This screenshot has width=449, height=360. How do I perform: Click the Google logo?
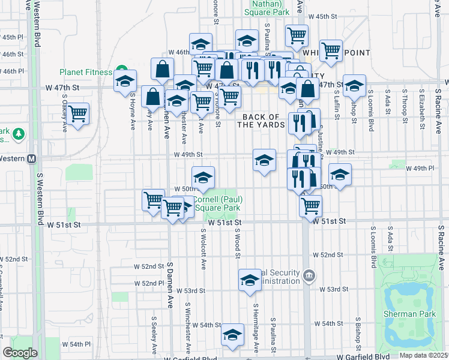pos(20,353)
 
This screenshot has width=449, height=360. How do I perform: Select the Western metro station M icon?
pos(32,159)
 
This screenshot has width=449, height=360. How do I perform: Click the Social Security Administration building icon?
pos(309,275)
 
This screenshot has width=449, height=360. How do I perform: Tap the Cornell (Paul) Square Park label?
pos(215,203)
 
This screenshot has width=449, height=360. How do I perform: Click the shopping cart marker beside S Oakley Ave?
pos(78,113)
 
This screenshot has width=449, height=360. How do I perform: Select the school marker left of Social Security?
pos(250,280)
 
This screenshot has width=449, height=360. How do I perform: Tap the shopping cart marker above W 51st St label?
pos(310,206)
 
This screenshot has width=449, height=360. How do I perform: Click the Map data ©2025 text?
pos(423,355)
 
